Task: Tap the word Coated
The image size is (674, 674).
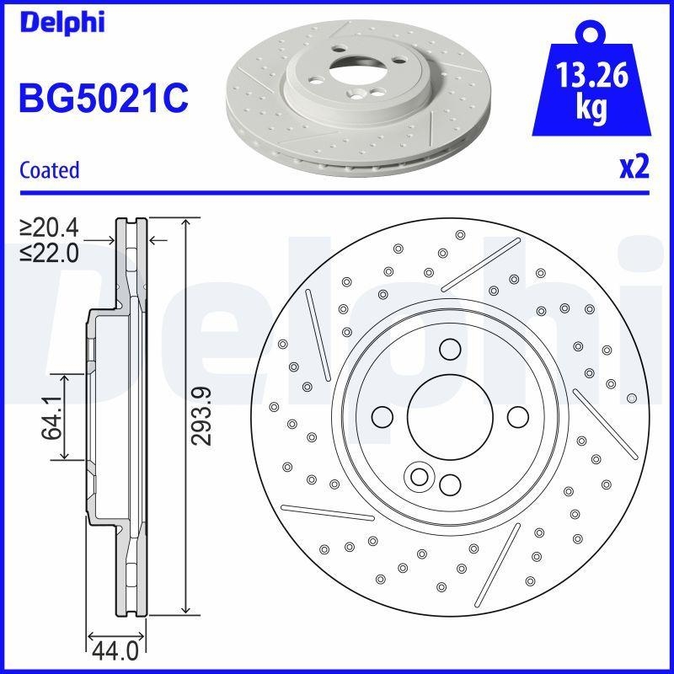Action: click(x=49, y=169)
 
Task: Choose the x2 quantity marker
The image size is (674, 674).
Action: click(x=634, y=168)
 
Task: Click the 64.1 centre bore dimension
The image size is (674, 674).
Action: click(x=52, y=417)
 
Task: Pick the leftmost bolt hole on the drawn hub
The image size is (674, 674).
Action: click(x=382, y=416)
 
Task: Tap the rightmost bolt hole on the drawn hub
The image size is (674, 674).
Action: click(x=516, y=416)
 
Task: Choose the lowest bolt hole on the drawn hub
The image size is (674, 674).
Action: click(x=450, y=484)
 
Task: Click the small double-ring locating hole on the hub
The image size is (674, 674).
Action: click(x=417, y=476)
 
